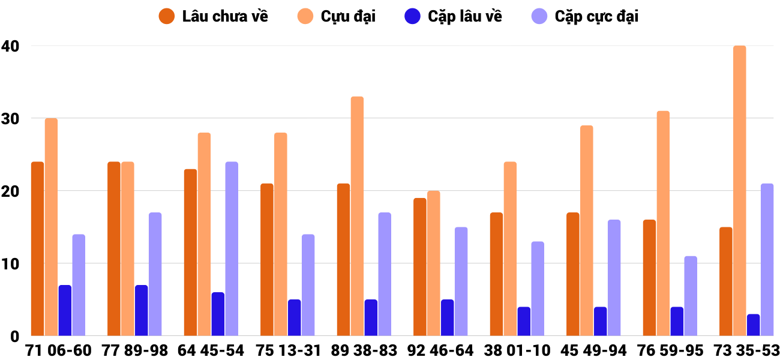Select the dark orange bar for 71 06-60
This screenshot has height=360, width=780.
37,249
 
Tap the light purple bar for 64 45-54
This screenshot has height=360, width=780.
232,249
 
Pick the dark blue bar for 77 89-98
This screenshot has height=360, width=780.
141,311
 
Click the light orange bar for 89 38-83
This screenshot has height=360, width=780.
357,216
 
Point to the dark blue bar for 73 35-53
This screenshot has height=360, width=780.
753,325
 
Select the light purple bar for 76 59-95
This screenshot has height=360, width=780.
691,296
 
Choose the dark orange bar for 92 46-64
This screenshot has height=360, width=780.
419,267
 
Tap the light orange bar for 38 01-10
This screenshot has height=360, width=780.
510,249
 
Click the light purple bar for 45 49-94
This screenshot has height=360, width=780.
614,278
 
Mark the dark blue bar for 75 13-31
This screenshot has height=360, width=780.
294,318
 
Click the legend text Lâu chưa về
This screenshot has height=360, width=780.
225,16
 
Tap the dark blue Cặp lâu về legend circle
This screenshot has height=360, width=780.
412,16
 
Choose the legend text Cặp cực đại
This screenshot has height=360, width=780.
596,16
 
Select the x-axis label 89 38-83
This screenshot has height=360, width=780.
364,350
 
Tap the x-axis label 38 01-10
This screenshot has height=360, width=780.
517,350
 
